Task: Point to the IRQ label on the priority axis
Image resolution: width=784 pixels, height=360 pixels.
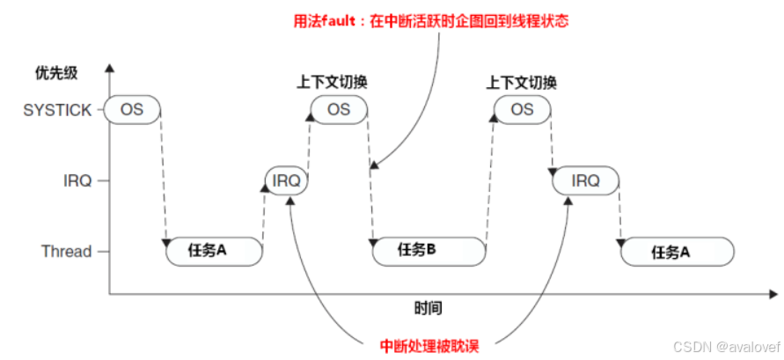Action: pyautogui.click(x=77, y=181)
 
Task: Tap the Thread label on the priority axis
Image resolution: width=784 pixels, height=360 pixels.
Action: pyautogui.click(x=66, y=252)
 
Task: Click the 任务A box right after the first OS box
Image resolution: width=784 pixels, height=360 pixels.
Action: pyautogui.click(x=214, y=251)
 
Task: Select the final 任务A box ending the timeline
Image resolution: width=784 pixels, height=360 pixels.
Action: pyautogui.click(x=678, y=252)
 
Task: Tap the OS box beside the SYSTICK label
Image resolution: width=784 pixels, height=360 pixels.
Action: pyautogui.click(x=131, y=110)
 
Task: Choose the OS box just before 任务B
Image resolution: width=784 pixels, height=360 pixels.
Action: pyautogui.click(x=339, y=109)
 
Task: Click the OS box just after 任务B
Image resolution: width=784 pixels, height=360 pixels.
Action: pyautogui.click(x=522, y=109)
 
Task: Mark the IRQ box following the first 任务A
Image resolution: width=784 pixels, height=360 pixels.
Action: pyautogui.click(x=287, y=181)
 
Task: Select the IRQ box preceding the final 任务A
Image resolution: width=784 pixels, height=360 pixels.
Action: pyautogui.click(x=585, y=181)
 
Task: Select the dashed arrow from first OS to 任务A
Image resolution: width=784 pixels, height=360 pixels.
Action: pyautogui.click(x=163, y=176)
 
